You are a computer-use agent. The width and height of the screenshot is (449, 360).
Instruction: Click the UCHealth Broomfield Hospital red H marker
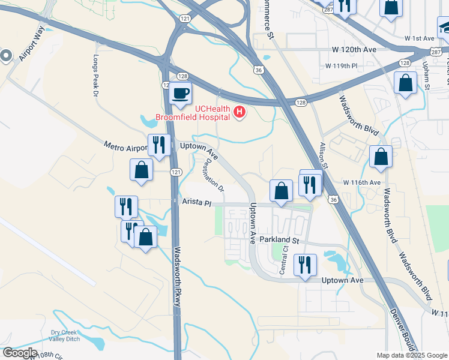[x=240, y=112]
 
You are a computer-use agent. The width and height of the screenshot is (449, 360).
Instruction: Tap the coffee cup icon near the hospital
[x=181, y=93]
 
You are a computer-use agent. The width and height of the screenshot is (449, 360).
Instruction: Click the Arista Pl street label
[x=197, y=203]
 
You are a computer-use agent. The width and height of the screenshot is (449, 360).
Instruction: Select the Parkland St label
[x=280, y=239]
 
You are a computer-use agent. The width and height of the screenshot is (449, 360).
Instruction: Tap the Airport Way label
[x=31, y=43]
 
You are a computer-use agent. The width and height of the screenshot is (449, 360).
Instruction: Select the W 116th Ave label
[x=362, y=182]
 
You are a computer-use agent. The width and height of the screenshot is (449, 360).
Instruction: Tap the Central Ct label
[x=285, y=263]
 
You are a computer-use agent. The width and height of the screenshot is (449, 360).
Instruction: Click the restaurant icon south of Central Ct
[x=305, y=264]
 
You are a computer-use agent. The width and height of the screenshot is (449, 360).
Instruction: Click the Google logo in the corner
[x=19, y=353]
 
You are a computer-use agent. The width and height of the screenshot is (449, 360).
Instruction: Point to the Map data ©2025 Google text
[x=412, y=355]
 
